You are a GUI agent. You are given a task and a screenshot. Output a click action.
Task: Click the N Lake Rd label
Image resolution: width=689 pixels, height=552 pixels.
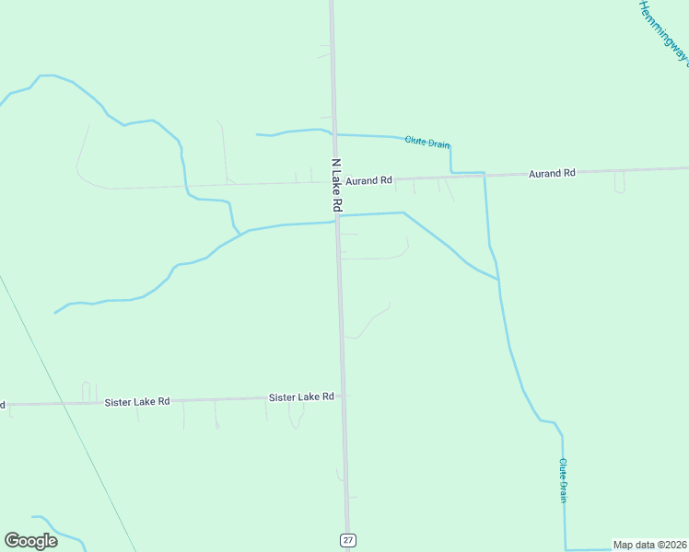336,183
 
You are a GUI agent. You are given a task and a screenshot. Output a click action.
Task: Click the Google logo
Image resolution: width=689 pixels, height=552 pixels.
31,540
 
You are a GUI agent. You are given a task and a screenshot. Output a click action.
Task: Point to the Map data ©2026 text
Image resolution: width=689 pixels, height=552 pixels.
648,545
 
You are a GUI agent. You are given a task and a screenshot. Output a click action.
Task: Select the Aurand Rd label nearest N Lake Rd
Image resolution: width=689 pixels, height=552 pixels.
369,180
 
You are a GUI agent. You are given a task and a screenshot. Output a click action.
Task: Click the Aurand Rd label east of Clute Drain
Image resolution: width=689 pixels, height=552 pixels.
552,173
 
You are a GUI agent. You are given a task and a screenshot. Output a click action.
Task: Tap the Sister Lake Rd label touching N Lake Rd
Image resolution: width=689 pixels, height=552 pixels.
301,397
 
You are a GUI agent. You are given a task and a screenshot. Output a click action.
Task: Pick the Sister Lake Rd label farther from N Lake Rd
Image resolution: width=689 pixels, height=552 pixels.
137,402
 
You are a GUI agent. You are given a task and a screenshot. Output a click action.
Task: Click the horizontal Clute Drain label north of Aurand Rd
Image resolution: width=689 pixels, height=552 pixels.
427,143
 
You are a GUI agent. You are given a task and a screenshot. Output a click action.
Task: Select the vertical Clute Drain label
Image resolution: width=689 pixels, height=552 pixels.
563,480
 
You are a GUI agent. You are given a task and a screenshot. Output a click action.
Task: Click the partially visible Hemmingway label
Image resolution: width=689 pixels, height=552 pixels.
664,32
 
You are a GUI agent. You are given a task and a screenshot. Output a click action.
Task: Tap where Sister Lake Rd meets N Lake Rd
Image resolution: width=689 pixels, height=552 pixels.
344,397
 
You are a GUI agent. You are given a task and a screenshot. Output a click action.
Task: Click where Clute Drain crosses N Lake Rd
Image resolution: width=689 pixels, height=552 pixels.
334,134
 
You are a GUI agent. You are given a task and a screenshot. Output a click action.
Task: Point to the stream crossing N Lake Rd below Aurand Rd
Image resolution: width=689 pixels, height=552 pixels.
338,217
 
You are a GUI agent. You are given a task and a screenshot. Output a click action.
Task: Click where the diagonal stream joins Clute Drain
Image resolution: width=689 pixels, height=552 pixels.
498,279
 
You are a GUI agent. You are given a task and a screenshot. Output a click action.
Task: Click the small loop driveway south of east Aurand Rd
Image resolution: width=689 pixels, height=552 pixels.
619,184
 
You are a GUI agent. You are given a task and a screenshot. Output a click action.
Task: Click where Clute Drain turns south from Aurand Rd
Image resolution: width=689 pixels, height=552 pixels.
485,173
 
